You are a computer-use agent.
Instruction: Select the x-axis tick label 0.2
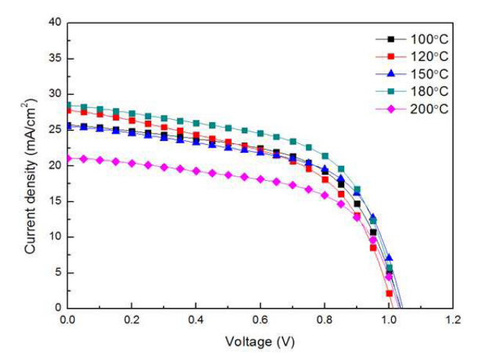click(x=131, y=320)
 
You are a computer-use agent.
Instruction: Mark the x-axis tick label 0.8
click(x=324, y=320)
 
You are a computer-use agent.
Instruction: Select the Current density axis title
click(x=31, y=165)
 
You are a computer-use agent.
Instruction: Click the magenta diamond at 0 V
click(x=68, y=158)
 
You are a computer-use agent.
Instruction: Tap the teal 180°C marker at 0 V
click(x=68, y=106)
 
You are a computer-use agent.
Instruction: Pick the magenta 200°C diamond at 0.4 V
click(x=196, y=170)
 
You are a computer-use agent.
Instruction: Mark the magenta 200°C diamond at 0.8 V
click(x=324, y=195)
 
